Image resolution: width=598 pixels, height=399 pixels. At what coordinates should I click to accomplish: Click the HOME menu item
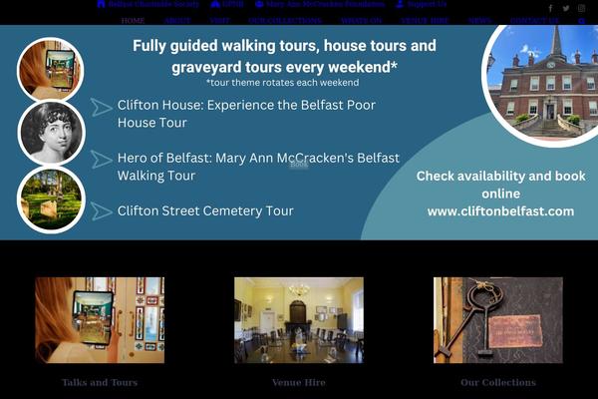133,20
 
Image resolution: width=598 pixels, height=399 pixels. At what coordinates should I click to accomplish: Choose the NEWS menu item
479,20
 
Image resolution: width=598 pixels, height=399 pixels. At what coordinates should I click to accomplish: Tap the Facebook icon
549,8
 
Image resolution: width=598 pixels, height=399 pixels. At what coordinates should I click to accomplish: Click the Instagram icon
581,8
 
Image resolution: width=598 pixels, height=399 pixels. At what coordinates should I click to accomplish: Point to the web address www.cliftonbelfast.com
500,210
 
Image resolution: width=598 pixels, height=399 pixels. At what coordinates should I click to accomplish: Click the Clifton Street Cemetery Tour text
205,210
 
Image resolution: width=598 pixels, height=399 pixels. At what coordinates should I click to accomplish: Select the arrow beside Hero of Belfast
101,159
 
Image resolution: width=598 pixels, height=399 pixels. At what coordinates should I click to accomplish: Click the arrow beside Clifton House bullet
101,107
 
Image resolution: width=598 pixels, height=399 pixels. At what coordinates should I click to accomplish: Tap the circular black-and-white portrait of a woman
51,133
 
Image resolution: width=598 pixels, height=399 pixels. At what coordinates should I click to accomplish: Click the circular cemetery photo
51,199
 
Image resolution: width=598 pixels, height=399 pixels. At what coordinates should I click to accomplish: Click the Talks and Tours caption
100,382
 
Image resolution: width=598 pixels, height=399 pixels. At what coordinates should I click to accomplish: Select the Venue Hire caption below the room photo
298,382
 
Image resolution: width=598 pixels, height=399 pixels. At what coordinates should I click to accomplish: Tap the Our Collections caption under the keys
497,382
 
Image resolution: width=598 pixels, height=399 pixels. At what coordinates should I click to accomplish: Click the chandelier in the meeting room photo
298,290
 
